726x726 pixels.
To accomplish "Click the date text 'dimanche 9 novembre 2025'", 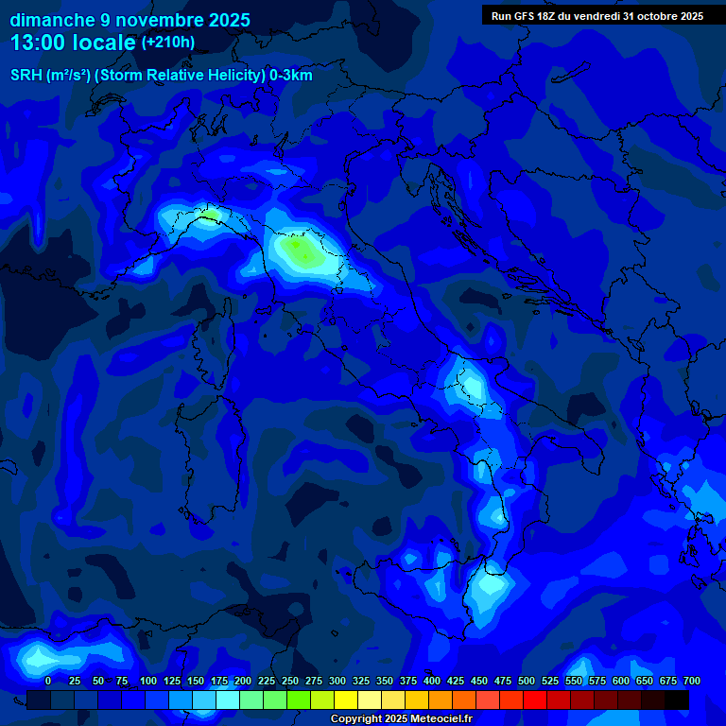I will point(130,20).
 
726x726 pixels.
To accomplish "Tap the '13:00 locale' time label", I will point(73,43).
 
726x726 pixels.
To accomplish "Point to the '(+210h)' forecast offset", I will point(167,43).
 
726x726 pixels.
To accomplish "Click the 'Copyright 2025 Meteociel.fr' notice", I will point(401,718).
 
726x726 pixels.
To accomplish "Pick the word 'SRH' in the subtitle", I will point(26,76).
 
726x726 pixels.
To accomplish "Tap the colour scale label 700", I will point(691,681).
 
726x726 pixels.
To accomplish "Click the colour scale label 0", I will point(48,681).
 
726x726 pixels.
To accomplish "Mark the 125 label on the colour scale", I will point(171,681).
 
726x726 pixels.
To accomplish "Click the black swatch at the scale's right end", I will point(677,700).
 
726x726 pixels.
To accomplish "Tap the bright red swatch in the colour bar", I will point(535,700).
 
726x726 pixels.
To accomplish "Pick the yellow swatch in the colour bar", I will point(346,700).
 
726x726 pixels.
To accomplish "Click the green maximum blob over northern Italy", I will point(301,251).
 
